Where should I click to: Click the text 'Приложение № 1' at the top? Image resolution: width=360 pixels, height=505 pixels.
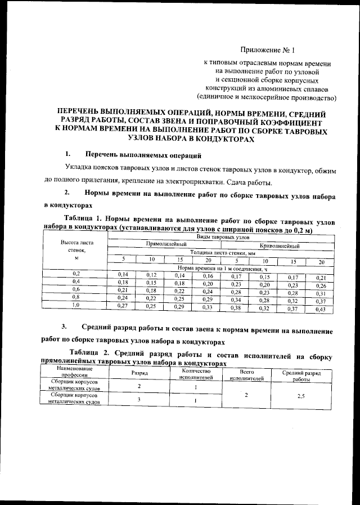coord(271,50)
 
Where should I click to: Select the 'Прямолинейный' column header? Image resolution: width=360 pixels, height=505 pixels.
coord(166,245)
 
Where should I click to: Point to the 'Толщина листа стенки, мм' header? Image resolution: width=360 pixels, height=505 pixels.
coord(223,253)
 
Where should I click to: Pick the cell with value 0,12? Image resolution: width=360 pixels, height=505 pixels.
coord(151,275)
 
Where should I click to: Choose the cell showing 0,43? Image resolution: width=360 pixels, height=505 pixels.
coord(321,310)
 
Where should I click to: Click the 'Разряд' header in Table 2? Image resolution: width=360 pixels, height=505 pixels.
coord(139,373)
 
